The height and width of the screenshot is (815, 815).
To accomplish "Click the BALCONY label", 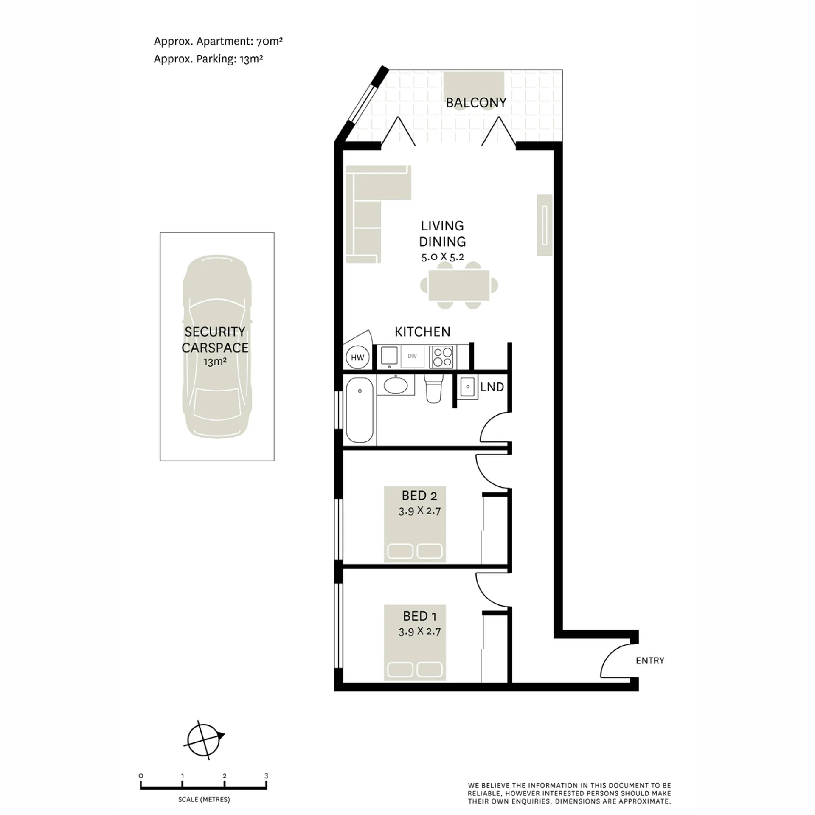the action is coord(476,103).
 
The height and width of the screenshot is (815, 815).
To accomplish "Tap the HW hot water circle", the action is coord(357,357).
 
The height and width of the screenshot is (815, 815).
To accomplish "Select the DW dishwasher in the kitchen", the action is coord(412,356).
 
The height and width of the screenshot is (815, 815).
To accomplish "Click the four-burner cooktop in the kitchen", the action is coord(441,357).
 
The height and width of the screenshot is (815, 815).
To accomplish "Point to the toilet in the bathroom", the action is coord(434,388).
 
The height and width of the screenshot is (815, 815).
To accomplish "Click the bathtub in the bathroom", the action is coord(360,410).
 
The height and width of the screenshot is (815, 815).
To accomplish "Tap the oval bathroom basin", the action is coord(396,385).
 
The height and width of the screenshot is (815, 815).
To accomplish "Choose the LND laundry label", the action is coord(492,387).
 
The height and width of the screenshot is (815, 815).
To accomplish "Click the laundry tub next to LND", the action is coord(468,387).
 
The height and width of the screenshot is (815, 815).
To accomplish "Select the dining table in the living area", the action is coord(459,285).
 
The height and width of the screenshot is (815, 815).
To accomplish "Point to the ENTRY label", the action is coord(650,660).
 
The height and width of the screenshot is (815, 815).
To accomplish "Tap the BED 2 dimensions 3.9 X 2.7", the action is coord(419,511).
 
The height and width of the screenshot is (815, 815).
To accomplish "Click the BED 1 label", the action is coord(419,616).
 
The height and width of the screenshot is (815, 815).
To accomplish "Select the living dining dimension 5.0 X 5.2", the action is coord(442,256).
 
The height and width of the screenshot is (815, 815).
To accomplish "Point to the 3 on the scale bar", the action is coord(266,776).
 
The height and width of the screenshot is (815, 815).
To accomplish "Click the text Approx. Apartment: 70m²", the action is coord(218,42).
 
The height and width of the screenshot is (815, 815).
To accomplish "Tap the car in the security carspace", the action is coord(217,346).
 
